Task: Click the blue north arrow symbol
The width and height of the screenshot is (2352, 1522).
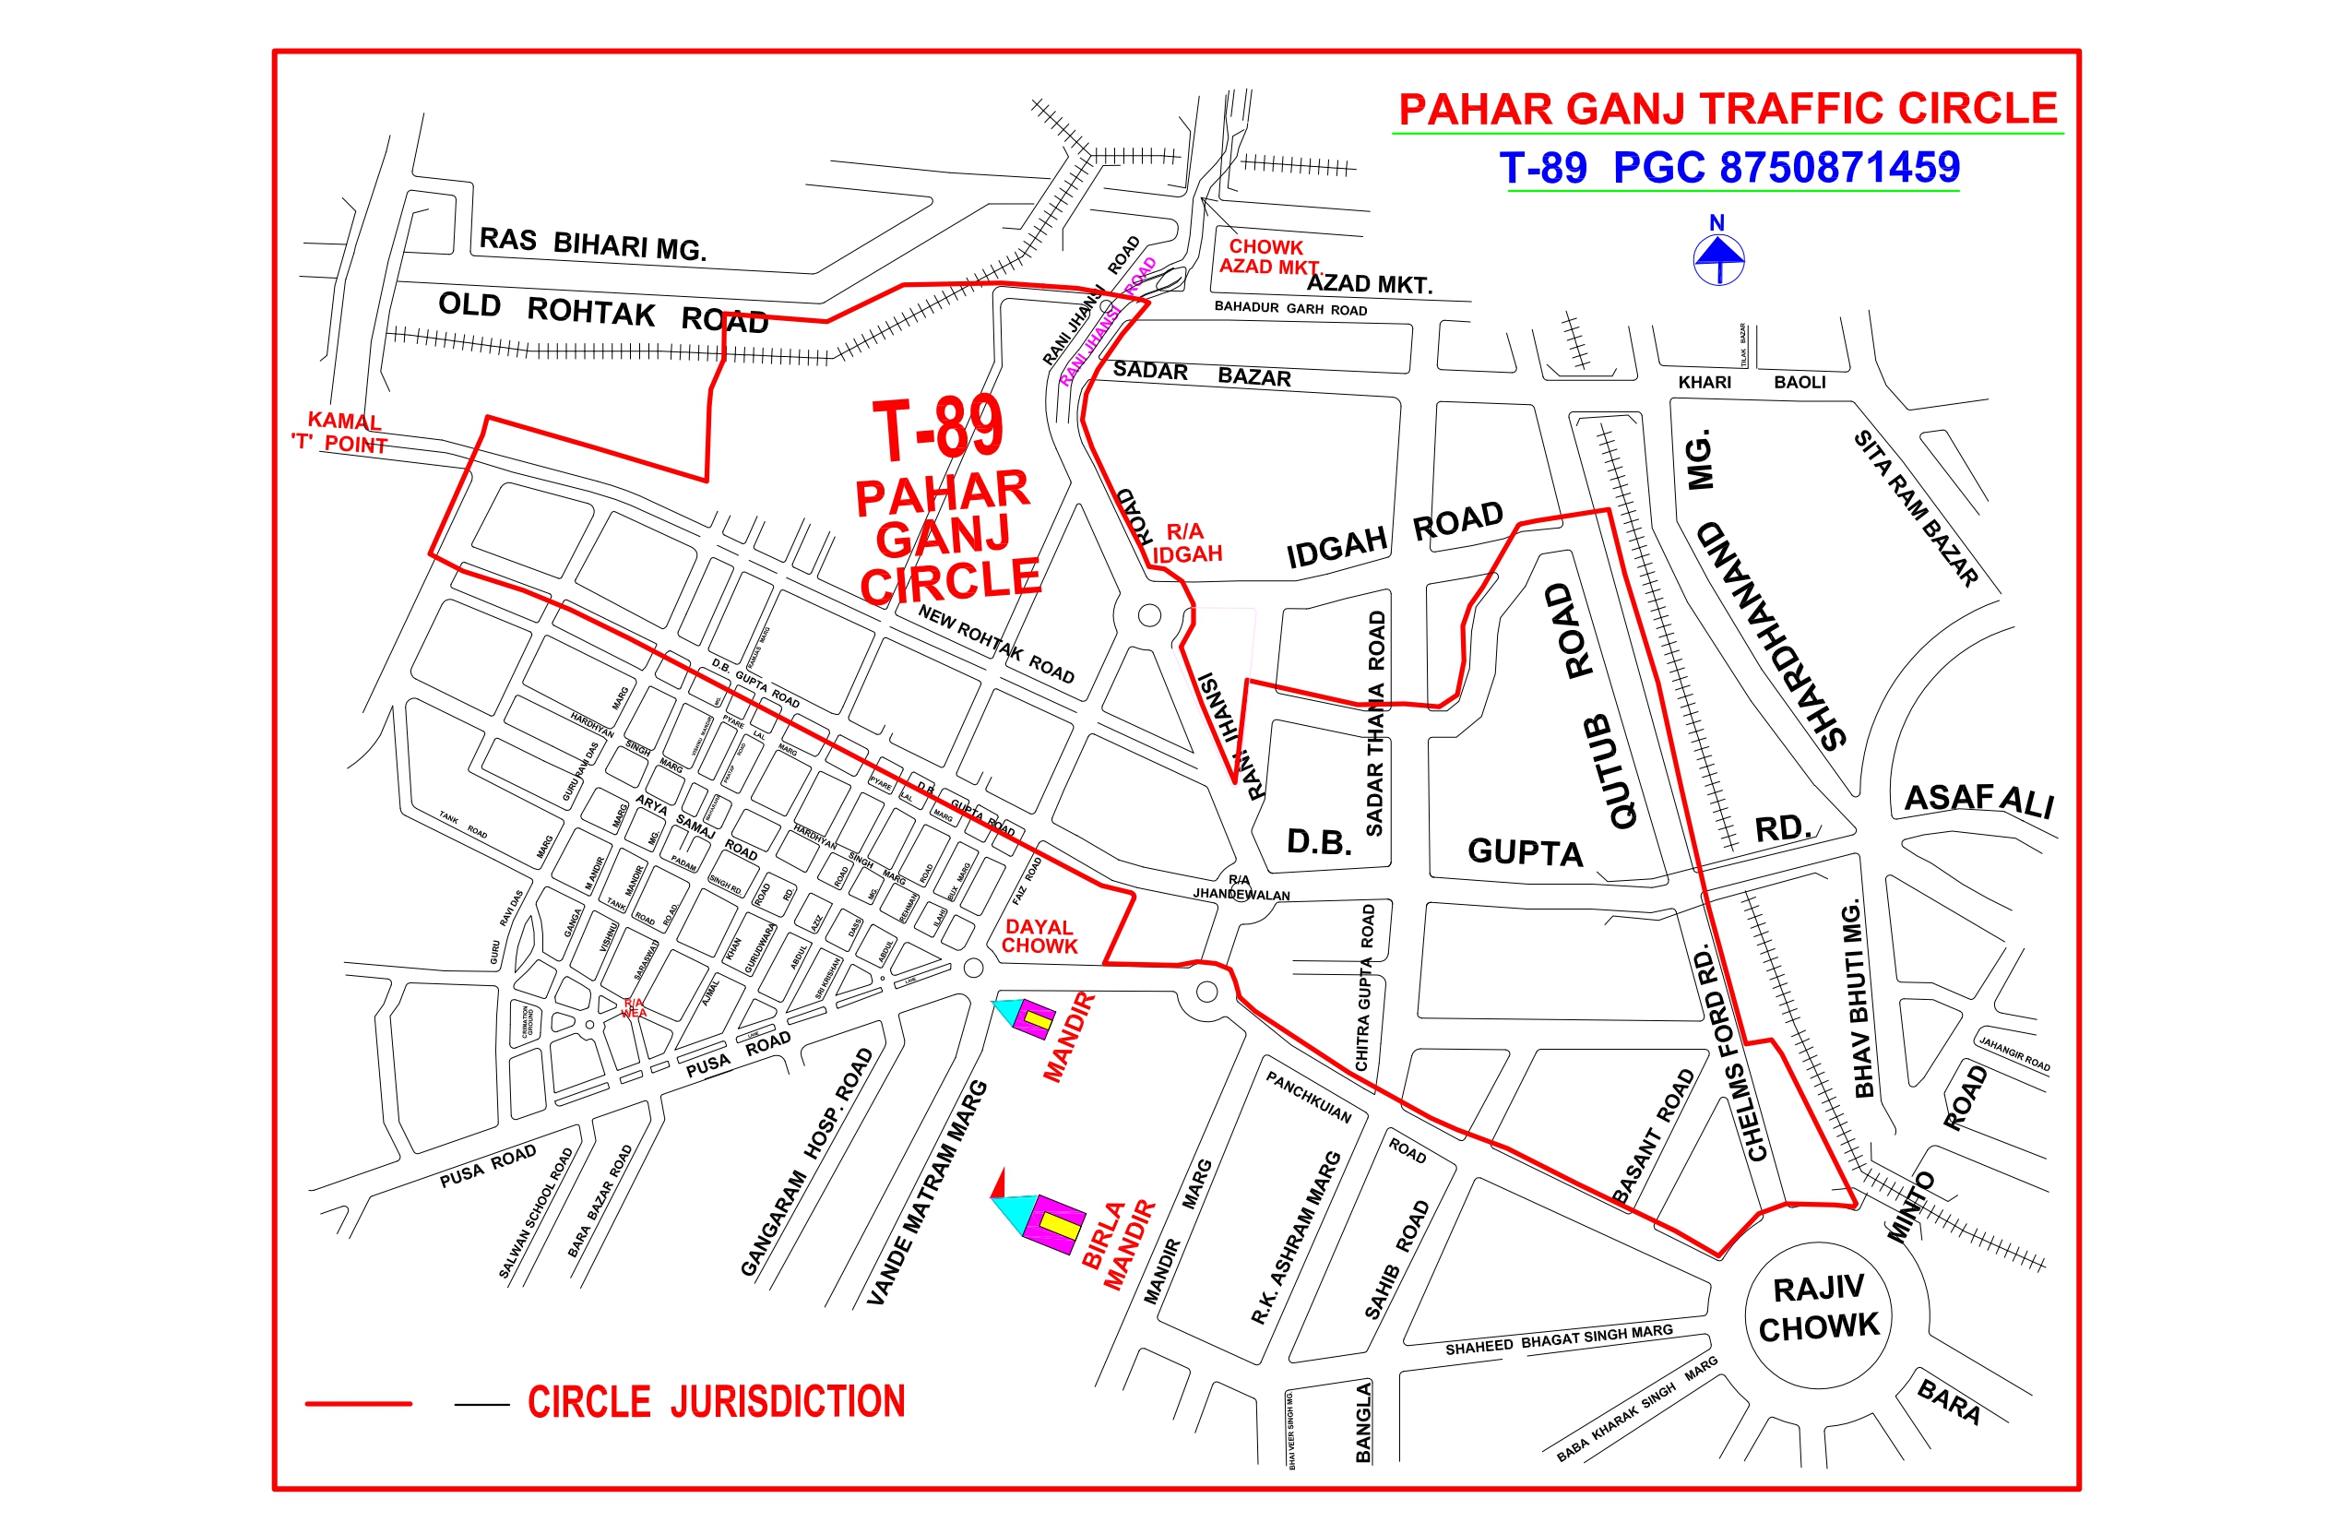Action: coord(1718,259)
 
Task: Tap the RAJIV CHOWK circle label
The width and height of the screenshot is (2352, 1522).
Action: coord(1818,1309)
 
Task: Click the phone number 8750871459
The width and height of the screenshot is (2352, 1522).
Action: coord(1839,168)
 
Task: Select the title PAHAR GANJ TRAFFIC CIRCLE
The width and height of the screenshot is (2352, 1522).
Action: coord(1728,109)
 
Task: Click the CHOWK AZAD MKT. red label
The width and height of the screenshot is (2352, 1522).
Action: coord(1268,257)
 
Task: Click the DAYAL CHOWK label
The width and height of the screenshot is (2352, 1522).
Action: coord(1039,937)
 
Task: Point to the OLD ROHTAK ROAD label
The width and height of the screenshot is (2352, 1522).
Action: coord(603,313)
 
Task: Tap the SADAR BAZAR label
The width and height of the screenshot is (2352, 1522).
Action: coord(1202,374)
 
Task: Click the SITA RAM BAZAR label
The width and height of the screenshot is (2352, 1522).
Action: coord(1915,508)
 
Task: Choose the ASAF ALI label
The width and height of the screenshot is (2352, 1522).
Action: coord(1978,800)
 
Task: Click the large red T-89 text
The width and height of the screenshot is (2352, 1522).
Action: coord(938,429)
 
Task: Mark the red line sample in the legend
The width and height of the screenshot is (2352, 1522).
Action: coord(358,1403)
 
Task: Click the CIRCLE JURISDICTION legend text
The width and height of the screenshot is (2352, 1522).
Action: coord(716,1401)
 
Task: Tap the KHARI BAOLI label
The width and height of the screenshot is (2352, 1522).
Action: coord(1752,383)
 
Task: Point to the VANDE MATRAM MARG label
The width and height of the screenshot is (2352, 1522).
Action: coord(926,1193)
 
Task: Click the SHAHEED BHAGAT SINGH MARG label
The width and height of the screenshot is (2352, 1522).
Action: coord(1559,1340)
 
